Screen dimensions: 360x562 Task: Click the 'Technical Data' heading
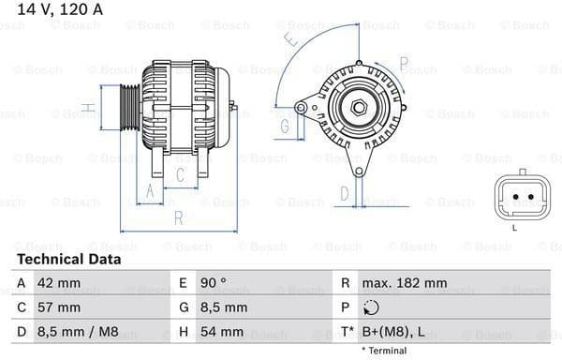[x=68, y=259]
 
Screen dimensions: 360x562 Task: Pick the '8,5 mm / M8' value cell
[x=78, y=331]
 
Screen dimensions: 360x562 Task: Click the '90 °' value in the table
[x=213, y=282]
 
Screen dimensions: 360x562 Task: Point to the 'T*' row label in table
[x=348, y=331]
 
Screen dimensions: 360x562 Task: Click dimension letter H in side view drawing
[x=87, y=109]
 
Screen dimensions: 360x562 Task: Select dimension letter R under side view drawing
[x=177, y=219]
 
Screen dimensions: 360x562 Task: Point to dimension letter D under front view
[x=344, y=193]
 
